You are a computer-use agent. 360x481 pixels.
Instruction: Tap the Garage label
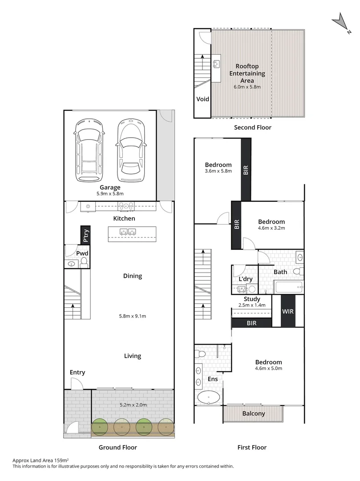pos(110,188)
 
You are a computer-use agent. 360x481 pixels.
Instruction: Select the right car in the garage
pos(130,151)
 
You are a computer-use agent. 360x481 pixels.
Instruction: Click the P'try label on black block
pos(85,235)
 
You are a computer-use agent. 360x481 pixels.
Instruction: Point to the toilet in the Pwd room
pos(84,262)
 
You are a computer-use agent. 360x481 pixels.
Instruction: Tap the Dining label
pos(133,276)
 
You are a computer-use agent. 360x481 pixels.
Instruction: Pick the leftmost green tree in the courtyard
pos(100,427)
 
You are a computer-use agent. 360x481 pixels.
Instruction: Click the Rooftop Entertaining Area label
pos(244,73)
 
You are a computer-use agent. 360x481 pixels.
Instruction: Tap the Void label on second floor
pos(203,99)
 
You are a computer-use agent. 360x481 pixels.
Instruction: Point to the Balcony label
pos(254,413)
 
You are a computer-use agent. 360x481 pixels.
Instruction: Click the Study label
pos(252,299)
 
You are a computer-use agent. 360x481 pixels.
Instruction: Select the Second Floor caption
pos(252,127)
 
